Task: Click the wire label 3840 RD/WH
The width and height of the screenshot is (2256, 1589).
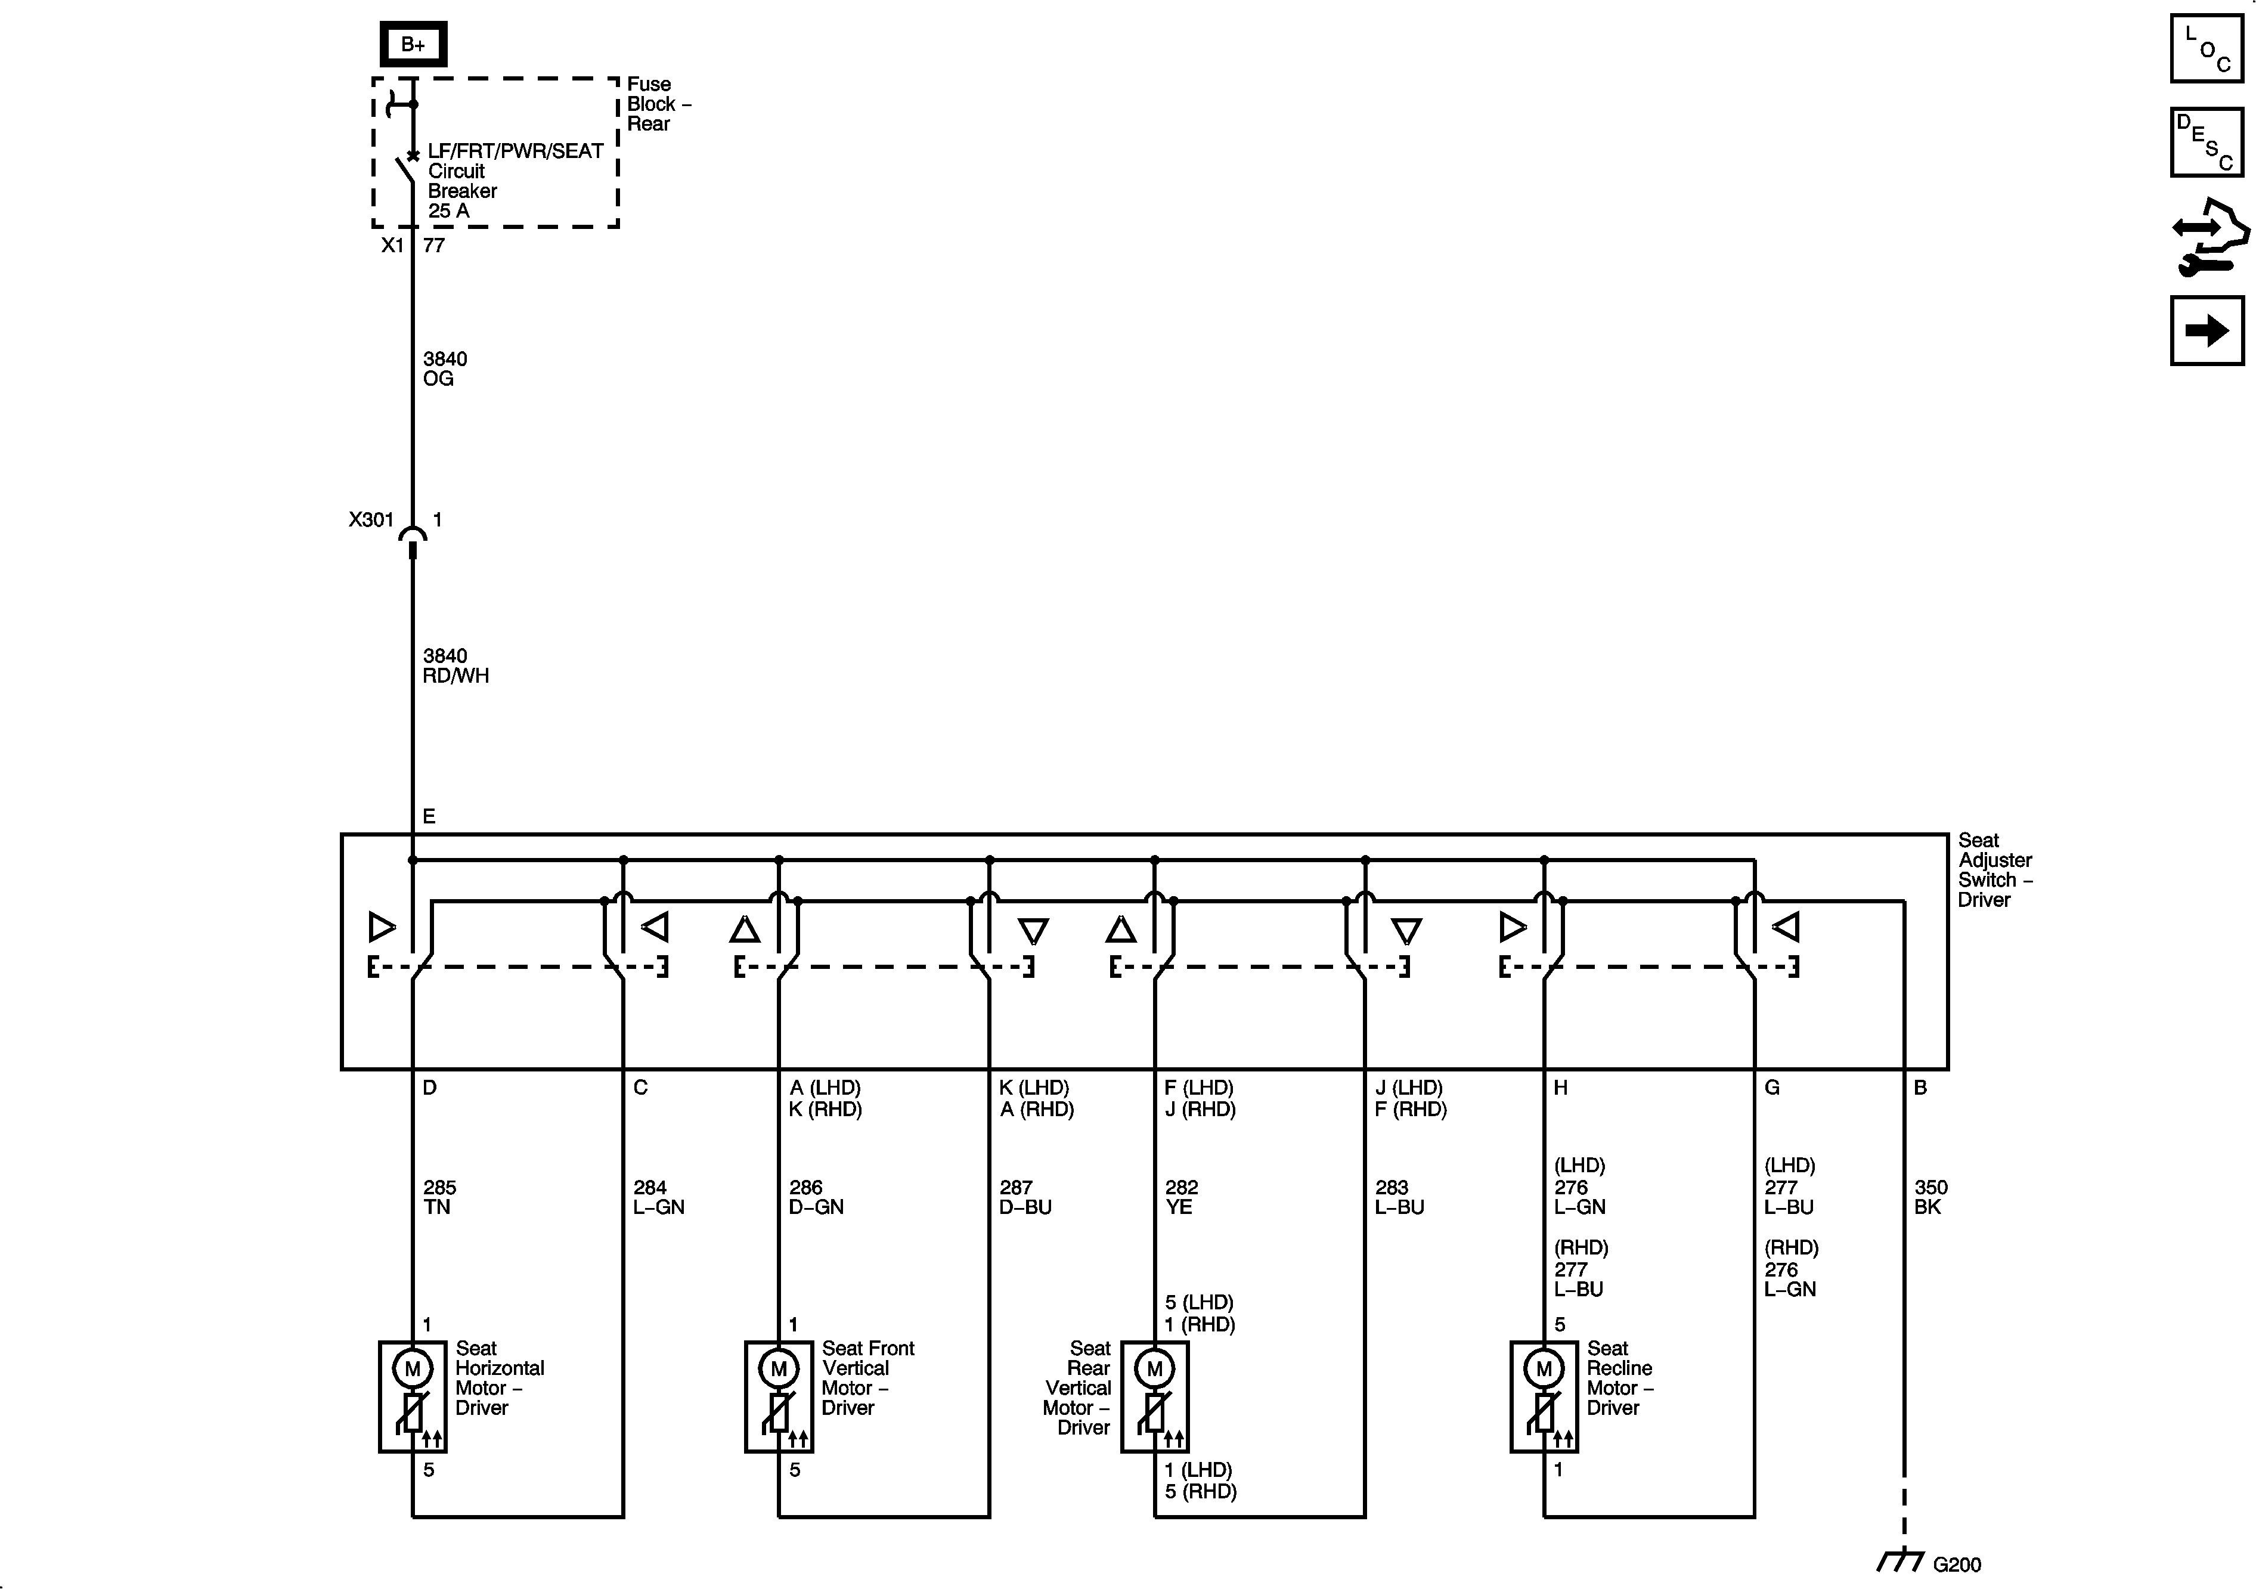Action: pyautogui.click(x=455, y=666)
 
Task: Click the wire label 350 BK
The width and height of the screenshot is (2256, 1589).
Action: pyautogui.click(x=1930, y=1197)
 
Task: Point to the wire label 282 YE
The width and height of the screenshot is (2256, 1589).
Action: pyautogui.click(x=1181, y=1197)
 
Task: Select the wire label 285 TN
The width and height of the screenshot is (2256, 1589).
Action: pyautogui.click(x=439, y=1197)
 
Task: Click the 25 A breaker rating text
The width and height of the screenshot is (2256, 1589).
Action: pyautogui.click(x=448, y=211)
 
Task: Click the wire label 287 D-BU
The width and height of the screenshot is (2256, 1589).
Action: pyautogui.click(x=1025, y=1197)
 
